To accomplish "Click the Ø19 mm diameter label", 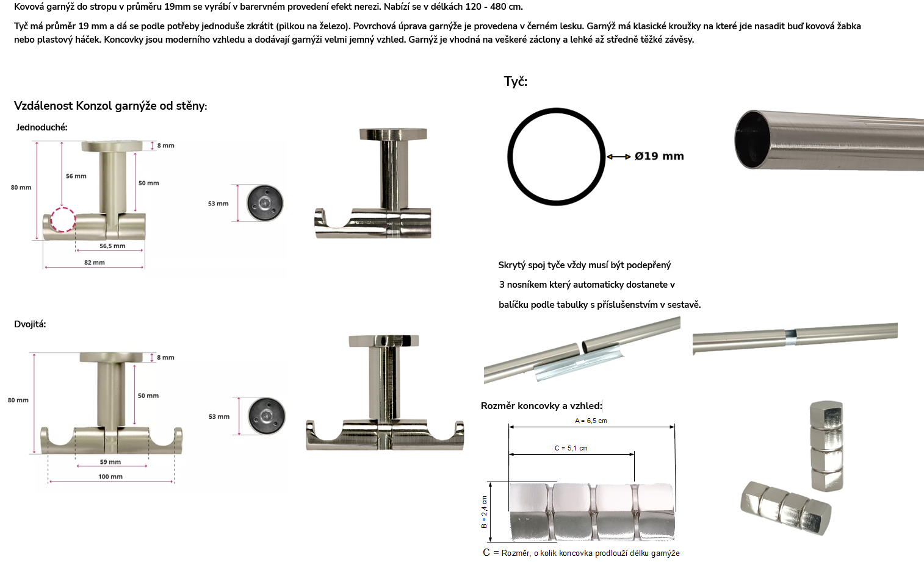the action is [x=659, y=156].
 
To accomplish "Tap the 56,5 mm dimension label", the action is [x=112, y=246].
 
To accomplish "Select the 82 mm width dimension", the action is [x=95, y=263].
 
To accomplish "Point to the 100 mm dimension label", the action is [x=110, y=477].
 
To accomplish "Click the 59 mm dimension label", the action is [x=110, y=462].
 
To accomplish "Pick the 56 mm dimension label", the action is [x=76, y=176].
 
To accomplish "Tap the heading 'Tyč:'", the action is [x=516, y=82].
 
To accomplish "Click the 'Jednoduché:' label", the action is [x=42, y=127].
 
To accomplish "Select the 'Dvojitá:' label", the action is [x=30, y=324].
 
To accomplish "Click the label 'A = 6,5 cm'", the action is [x=591, y=421].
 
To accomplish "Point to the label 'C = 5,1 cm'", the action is [x=571, y=448].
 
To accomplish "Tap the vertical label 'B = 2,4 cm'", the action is [x=484, y=512].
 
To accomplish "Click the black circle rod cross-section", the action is [x=508, y=157].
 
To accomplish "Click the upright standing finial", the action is [x=826, y=446].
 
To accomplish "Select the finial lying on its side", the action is [x=786, y=508].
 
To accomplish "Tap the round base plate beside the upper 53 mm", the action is [x=265, y=203].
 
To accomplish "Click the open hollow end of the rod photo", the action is [x=751, y=139].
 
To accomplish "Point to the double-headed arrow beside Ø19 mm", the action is [x=619, y=157].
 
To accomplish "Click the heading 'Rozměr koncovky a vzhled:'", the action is [x=541, y=406].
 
